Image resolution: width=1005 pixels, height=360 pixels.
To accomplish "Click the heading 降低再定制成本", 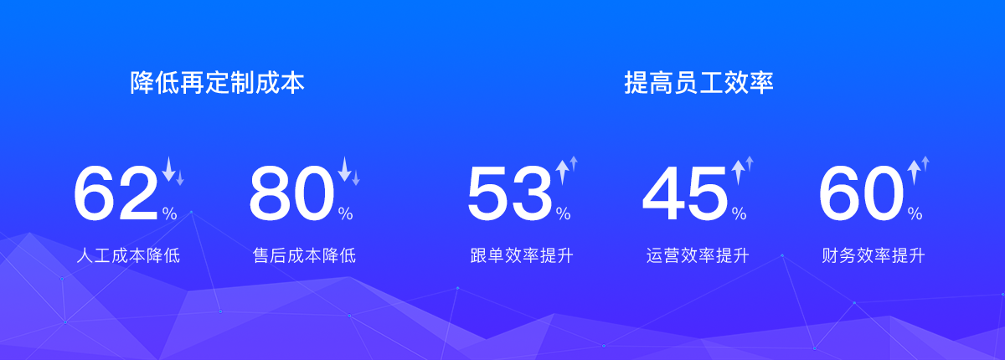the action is (x=217, y=83).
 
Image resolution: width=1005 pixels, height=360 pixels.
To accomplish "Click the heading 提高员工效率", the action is (x=698, y=83).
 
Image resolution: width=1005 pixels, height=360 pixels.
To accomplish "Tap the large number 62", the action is (x=116, y=193).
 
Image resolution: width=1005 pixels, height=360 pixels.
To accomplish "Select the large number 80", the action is (x=291, y=193).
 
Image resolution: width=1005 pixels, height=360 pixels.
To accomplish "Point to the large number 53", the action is (x=510, y=193).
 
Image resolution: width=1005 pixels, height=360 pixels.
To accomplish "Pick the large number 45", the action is (x=685, y=193).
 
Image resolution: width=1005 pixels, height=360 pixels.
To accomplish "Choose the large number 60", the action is (x=861, y=193).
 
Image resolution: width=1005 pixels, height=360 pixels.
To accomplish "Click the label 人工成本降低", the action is (x=128, y=255).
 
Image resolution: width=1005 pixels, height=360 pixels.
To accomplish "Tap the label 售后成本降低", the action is (x=304, y=255).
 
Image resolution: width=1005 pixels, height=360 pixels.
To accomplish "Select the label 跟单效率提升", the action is (x=522, y=255).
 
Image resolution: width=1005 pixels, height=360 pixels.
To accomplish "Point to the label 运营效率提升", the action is (x=698, y=255).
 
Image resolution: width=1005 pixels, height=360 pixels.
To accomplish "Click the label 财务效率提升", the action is (x=874, y=255).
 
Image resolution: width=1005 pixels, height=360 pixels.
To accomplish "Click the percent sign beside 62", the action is (x=169, y=213).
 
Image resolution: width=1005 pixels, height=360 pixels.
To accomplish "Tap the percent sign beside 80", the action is (x=345, y=213).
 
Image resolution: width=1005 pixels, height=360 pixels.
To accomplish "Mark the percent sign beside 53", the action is (x=564, y=213).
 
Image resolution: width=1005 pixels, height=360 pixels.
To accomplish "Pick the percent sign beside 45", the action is (x=740, y=213).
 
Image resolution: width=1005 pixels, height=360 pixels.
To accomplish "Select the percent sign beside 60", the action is (x=915, y=213).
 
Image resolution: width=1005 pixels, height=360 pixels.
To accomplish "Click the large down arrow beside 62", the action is (x=168, y=169).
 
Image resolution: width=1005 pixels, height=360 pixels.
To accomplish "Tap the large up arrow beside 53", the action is (x=562, y=172).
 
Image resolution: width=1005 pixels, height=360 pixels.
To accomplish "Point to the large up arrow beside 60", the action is (x=914, y=172).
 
